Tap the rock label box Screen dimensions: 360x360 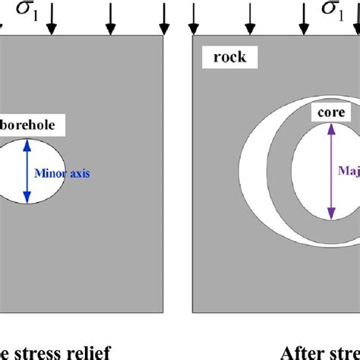[225, 58]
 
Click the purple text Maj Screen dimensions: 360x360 [349, 172]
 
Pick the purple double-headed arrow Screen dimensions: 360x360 [332, 172]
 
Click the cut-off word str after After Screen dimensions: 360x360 [346, 352]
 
